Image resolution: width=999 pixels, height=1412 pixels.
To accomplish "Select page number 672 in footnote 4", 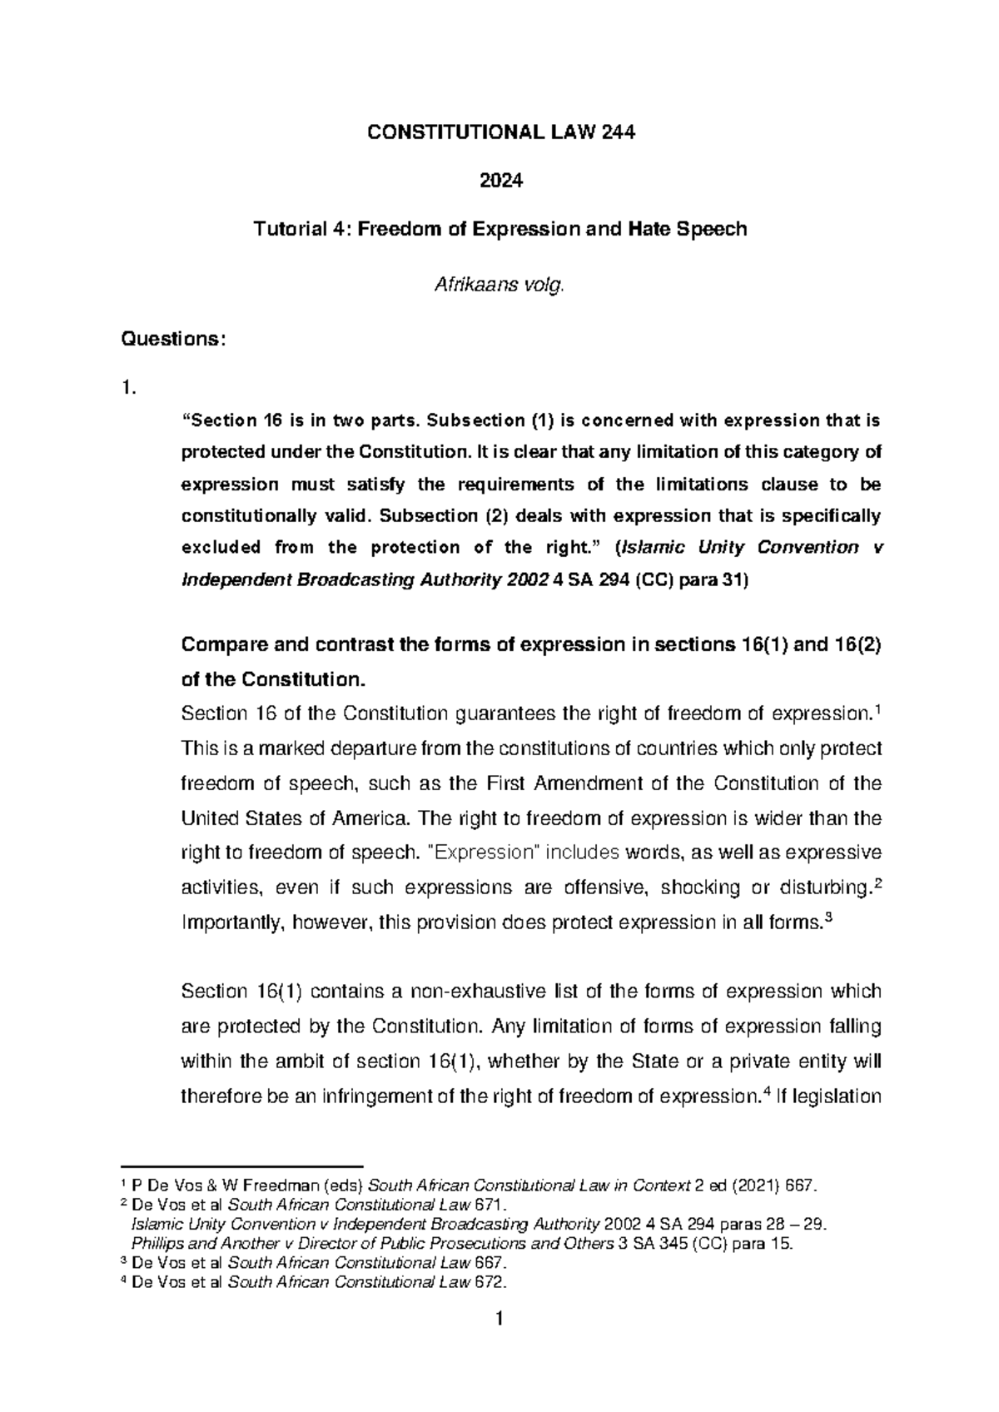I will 492,1282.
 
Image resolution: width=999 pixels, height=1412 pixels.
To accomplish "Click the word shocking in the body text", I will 698,887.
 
